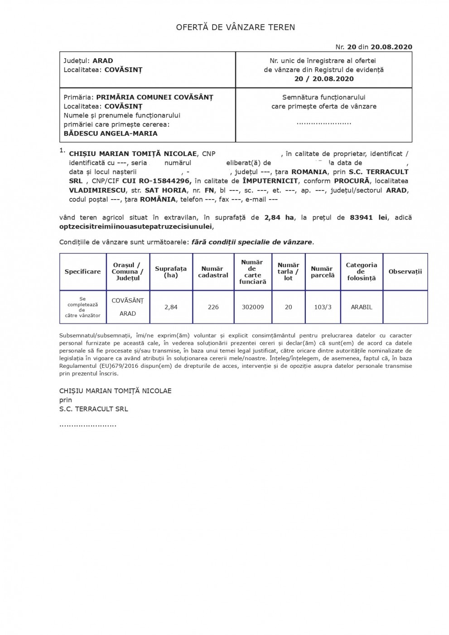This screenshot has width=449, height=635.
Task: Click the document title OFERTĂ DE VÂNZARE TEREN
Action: [x=235, y=28]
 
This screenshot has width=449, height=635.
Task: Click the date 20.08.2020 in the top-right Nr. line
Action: [x=391, y=47]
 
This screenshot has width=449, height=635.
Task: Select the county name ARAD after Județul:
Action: [x=103, y=61]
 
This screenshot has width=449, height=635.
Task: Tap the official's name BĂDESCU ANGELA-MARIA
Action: [x=111, y=133]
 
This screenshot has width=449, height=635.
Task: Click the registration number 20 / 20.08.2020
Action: [x=323, y=78]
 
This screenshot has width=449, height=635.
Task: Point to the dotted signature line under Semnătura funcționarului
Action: [x=323, y=123]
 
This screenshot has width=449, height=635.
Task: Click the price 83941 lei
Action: [x=368, y=217]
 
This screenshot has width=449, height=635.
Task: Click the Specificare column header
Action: [x=82, y=272]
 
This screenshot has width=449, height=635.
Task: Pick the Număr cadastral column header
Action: [x=213, y=272]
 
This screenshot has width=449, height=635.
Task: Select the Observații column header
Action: [x=405, y=272]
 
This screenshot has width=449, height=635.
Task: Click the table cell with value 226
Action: [x=213, y=307]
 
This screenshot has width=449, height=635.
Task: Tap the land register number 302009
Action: [x=252, y=307]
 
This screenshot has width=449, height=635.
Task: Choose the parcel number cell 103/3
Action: [x=322, y=307]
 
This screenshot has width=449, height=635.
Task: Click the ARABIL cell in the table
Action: [x=361, y=307]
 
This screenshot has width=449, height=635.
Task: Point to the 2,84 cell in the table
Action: [x=171, y=307]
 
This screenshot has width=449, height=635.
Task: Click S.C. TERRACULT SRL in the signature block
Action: [x=93, y=409]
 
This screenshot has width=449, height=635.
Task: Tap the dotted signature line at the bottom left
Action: [x=88, y=425]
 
